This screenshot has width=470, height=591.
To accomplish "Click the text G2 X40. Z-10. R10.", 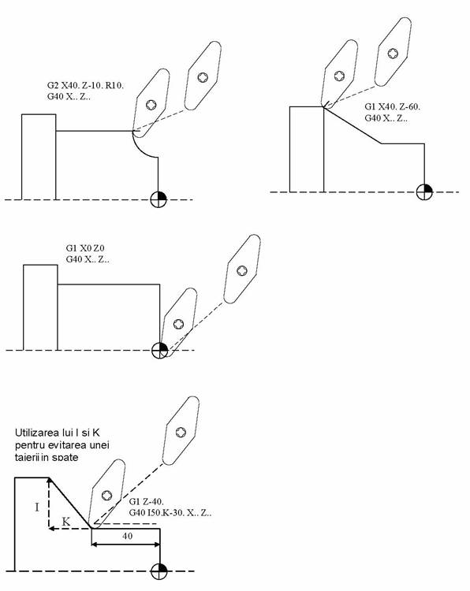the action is [86, 85].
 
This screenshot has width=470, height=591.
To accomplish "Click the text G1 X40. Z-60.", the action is [392, 106].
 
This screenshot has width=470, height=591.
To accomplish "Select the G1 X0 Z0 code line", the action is [85, 248].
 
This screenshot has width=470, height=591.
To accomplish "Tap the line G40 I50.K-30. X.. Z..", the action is [170, 513].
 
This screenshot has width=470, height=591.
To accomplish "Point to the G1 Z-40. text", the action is [147, 502].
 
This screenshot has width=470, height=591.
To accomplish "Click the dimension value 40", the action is [128, 536].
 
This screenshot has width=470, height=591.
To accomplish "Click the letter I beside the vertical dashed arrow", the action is [37, 507].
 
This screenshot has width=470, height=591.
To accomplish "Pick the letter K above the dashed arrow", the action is [65, 522].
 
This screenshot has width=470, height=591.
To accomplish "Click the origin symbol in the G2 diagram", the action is [159, 199].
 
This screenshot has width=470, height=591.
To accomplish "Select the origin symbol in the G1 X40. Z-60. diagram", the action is [424, 191].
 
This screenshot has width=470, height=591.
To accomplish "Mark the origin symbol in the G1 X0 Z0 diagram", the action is [159, 350].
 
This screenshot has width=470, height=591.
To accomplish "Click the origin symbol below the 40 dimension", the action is [159, 571].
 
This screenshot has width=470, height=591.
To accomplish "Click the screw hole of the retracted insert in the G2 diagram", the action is [203, 77].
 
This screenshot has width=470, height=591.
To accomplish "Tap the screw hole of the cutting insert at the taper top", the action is [339, 76].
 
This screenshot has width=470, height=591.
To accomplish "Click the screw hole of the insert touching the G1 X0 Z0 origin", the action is [178, 324].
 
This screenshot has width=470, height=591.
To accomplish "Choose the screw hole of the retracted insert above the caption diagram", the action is [181, 432].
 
